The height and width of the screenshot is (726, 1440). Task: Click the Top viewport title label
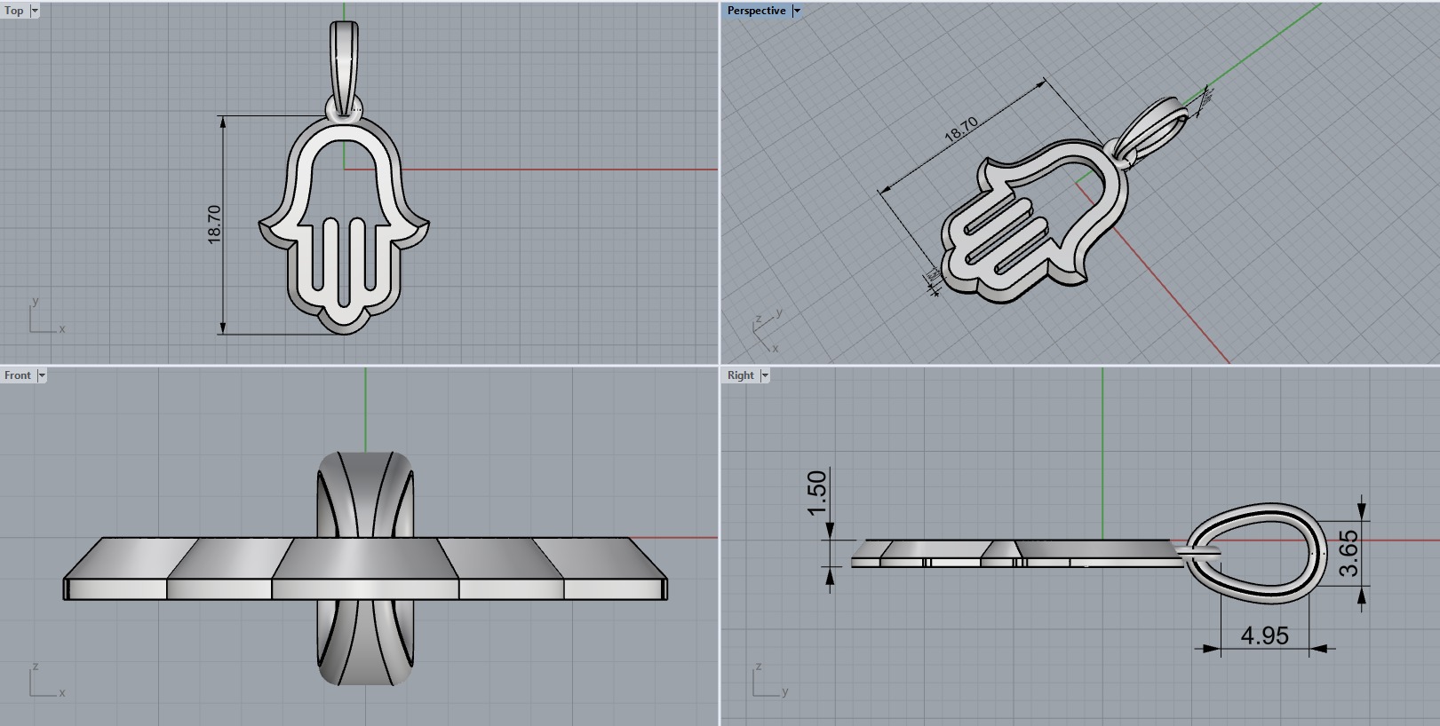13,11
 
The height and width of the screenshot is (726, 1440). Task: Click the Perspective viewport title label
756,11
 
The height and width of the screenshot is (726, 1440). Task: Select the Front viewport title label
17,375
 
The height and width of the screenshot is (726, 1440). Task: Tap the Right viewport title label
740,375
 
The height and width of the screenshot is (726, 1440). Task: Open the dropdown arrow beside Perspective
797,11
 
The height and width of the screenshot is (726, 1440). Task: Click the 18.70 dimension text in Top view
214,225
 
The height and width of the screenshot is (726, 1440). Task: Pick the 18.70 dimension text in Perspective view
960,130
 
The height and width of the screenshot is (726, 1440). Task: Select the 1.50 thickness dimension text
817,493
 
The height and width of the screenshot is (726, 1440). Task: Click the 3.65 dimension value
1348,553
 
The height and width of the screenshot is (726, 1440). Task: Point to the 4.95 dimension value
1264,635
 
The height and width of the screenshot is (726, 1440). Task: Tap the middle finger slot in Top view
344,257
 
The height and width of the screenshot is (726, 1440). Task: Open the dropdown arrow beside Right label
765,375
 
